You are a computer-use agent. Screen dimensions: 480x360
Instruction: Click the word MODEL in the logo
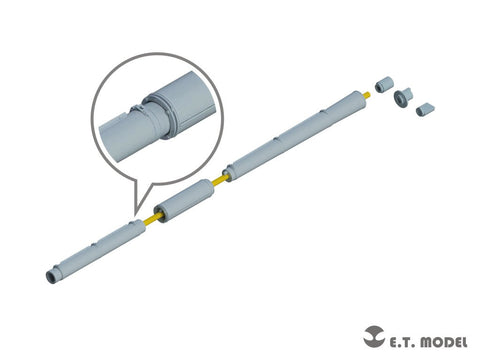443,342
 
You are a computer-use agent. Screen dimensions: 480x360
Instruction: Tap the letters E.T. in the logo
401,343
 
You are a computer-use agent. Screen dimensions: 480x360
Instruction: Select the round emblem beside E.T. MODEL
374,336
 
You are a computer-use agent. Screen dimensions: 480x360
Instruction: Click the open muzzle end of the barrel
51,277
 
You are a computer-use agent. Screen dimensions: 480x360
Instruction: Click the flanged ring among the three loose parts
403,98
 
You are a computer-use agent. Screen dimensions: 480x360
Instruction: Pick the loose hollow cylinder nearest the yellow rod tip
383,85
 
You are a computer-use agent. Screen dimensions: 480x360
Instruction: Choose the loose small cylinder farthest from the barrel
425,109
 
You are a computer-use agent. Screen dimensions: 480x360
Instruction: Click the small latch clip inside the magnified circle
136,108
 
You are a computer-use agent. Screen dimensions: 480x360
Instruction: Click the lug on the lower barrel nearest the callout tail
132,222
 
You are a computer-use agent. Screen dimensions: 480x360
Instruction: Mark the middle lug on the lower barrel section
95,245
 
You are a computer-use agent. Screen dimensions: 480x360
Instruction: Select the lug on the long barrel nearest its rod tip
321,112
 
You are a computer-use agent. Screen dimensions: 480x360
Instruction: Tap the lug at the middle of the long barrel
275,138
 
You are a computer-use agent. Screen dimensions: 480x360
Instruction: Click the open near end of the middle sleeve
159,215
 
